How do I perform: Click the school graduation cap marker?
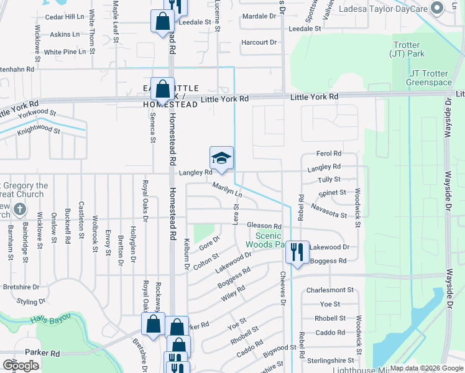pyautogui.click(x=221, y=159)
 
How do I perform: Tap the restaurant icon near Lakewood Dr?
pyautogui.click(x=297, y=252)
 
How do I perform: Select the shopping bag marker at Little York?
pyautogui.click(x=162, y=89)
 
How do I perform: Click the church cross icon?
pyautogui.click(x=19, y=210)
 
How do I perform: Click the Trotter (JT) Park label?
pyautogui.click(x=407, y=49)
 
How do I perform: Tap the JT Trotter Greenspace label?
pyautogui.click(x=428, y=78)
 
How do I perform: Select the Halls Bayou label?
pyautogui.click(x=50, y=320)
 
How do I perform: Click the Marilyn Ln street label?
pyautogui.click(x=227, y=190)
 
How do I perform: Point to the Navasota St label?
pyautogui.click(x=329, y=210)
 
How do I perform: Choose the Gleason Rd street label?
pyautogui.click(x=264, y=226)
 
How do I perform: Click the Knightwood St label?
pyautogui.click(x=39, y=131)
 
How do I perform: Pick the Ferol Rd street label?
pyautogui.click(x=329, y=153)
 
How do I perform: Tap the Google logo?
pyautogui.click(x=21, y=366)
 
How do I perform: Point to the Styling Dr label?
pyautogui.click(x=31, y=302)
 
